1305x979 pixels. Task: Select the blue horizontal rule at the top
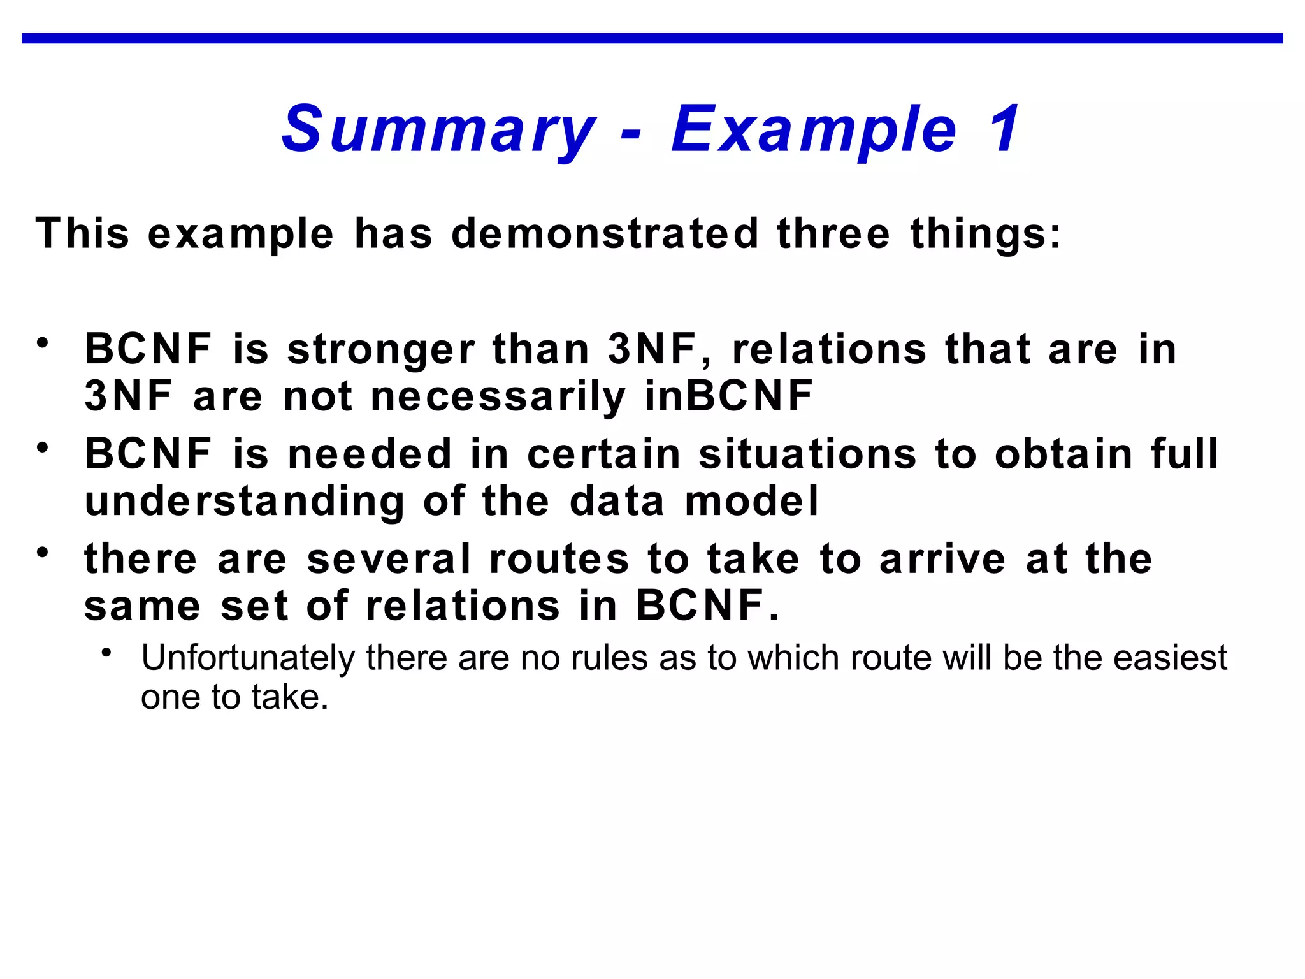[x=652, y=38]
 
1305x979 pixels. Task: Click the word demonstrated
[x=605, y=233]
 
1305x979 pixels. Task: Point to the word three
[x=833, y=233]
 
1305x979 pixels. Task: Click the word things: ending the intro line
[x=986, y=233]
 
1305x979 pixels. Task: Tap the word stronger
[x=380, y=350]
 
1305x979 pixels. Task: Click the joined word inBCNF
[x=728, y=396]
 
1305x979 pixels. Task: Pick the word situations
[x=807, y=454]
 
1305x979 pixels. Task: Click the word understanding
[x=245, y=502]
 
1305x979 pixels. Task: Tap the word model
[x=751, y=501]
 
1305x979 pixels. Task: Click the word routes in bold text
[x=559, y=559]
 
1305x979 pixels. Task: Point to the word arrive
[x=942, y=559]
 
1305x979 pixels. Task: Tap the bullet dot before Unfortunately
[x=107, y=653]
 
